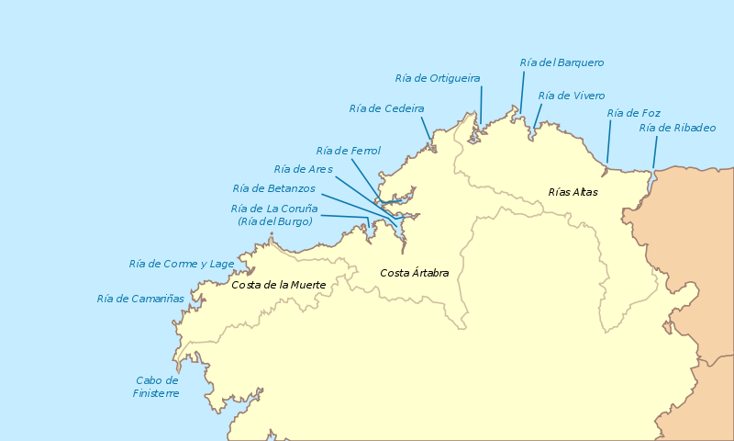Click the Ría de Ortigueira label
437,78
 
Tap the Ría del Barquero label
562,62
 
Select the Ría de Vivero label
571,96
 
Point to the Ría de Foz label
633,113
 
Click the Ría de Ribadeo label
677,128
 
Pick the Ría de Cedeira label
386,108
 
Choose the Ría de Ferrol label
348,151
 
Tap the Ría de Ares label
303,169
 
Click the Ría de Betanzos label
273,188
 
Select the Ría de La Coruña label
274,209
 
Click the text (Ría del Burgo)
274,221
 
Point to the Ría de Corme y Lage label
182,264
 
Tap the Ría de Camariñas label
140,299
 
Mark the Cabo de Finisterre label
157,387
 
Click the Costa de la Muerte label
279,285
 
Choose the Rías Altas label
573,192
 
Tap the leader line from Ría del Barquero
523,92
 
